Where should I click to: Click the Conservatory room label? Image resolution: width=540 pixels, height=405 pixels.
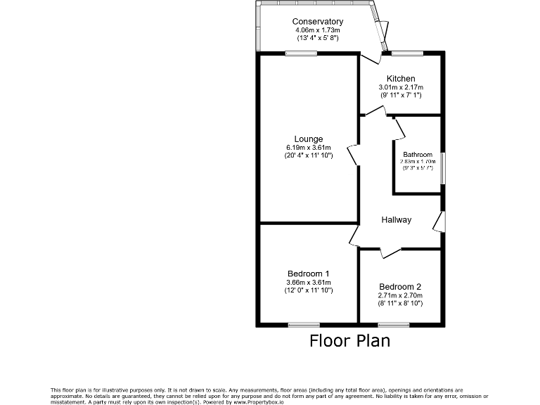coord(318,22)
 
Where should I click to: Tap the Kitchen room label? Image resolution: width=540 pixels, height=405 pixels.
coord(401,78)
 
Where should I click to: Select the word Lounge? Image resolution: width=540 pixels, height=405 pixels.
coord(309,139)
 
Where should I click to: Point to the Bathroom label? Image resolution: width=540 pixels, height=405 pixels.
coord(418,155)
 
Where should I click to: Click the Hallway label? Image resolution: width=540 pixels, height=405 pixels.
coord(397,220)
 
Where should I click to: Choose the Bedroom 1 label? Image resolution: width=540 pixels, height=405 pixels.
coord(309,274)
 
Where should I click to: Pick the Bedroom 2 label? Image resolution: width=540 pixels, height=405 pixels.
coord(400,287)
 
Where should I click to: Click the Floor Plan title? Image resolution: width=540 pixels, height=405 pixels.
coord(349,342)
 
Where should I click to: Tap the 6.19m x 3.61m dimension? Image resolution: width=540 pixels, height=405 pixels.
coord(309,147)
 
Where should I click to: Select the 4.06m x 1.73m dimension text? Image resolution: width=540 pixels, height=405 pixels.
coord(318,30)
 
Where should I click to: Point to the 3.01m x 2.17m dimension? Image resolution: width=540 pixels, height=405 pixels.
coord(401,86)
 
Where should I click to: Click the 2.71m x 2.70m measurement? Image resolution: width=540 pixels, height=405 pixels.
coord(400,296)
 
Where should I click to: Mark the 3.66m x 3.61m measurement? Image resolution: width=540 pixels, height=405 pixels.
coord(309,282)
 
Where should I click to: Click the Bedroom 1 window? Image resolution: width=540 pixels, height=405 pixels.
coord(304,324)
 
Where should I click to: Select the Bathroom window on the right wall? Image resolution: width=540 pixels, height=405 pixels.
coord(442,168)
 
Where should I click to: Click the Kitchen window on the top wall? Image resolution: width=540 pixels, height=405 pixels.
coord(408,53)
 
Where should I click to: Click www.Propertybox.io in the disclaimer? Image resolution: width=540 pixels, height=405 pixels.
coord(262,402)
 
